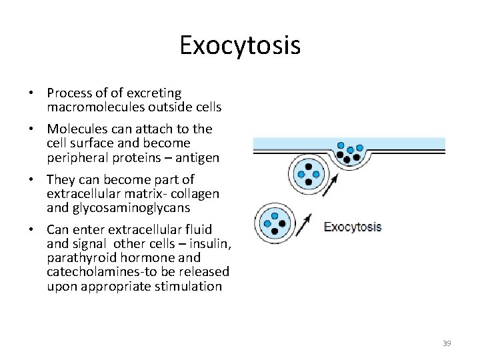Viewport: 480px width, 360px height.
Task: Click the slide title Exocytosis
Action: click(x=240, y=45)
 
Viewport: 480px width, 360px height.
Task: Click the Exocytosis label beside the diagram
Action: click(x=352, y=227)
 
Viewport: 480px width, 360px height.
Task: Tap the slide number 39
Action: click(x=447, y=343)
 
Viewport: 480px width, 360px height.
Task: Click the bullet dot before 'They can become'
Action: click(x=31, y=179)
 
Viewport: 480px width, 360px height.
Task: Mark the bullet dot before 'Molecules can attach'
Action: click(x=31, y=129)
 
